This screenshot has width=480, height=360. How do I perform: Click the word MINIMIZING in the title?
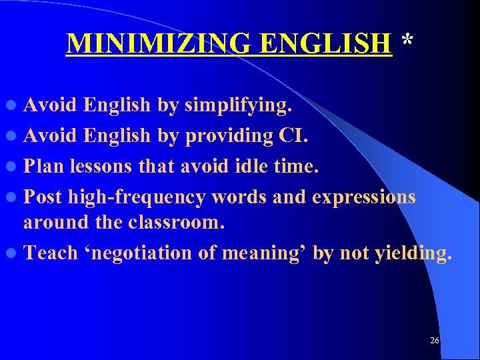coord(161,43)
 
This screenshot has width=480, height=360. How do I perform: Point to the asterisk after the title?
coord(407,41)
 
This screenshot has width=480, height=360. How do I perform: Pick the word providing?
coord(229,136)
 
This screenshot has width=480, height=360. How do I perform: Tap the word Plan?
coord(44,166)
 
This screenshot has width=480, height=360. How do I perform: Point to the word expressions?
coord(363,197)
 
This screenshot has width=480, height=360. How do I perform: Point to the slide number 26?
coord(435,341)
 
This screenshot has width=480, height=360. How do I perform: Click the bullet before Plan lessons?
coord(15,167)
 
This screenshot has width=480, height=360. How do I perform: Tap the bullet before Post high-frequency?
coord(15,198)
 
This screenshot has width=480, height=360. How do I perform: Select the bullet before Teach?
coord(15,254)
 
